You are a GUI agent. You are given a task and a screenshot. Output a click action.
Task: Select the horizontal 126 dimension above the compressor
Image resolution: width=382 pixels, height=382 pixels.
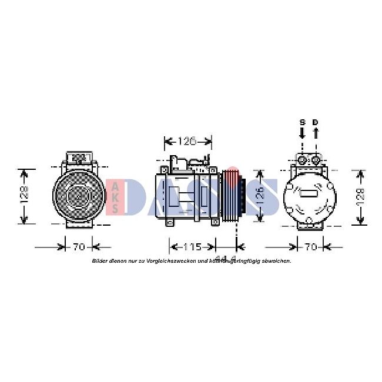pyautogui.click(x=187, y=141)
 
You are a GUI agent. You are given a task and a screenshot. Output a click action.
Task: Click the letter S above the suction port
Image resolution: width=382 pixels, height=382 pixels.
pyautogui.click(x=302, y=122)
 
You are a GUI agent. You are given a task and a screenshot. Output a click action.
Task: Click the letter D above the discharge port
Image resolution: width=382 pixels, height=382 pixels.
pyautogui.click(x=316, y=122)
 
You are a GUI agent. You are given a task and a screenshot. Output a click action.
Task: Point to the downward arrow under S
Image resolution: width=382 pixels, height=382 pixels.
pyautogui.click(x=302, y=133)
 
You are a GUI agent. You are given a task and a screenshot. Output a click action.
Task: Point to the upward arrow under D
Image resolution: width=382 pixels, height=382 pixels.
pyautogui.click(x=316, y=133)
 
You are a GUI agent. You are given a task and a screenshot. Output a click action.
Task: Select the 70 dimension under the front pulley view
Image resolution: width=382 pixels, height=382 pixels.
pyautogui.click(x=79, y=246)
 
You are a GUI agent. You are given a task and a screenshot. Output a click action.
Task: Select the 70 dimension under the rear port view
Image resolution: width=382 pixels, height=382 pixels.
pyautogui.click(x=311, y=246)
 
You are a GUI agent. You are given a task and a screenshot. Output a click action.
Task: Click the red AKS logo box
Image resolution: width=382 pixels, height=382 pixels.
pyautogui.click(x=115, y=197)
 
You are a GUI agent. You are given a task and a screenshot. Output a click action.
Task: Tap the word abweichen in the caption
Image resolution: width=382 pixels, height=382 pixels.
pyautogui.click(x=276, y=260)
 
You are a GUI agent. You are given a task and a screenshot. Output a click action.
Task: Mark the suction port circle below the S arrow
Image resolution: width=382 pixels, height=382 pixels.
pyautogui.click(x=302, y=160)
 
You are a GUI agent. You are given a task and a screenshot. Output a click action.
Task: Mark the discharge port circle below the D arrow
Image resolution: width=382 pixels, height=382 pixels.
pyautogui.click(x=316, y=160)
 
